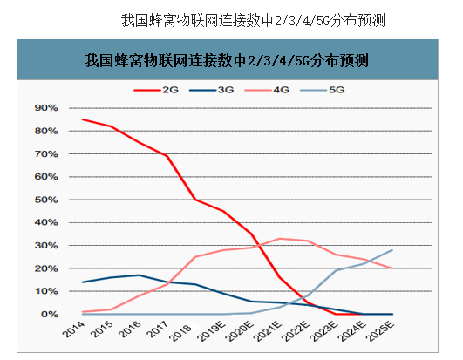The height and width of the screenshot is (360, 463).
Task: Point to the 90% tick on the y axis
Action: coord(45,108)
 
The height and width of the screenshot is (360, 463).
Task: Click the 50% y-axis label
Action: coord(45,200)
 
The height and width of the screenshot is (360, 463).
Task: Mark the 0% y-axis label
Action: coord(48,314)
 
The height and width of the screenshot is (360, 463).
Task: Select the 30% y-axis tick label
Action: coord(45,245)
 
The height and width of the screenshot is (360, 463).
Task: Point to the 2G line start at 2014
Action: coord(82,119)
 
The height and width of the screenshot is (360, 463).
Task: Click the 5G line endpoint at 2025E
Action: coord(392,250)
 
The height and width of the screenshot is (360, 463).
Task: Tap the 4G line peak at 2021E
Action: coord(279,238)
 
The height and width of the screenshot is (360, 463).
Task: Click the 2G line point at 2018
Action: coord(194,200)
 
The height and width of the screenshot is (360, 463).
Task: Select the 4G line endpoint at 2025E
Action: coord(392,268)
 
